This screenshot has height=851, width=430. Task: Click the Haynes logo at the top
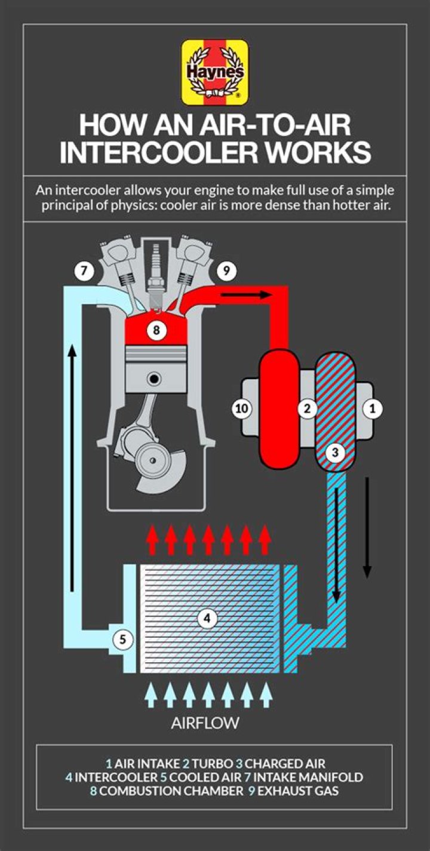[x=215, y=73]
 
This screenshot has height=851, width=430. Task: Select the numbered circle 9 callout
[x=227, y=271]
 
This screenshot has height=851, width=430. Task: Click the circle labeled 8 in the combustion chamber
[x=156, y=330]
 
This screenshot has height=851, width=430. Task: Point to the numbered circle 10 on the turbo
[x=242, y=409]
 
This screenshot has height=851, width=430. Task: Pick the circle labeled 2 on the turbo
[x=307, y=409]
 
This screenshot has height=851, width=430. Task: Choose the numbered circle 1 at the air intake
[x=373, y=409]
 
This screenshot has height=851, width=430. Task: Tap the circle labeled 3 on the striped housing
[x=335, y=453]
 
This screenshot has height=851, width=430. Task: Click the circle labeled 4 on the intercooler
[x=207, y=619]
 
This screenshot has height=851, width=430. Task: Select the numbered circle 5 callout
[x=122, y=640]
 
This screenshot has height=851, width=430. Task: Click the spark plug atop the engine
[x=156, y=275]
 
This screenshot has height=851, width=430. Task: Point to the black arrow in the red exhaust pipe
[x=247, y=294]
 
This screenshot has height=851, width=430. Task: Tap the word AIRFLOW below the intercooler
[x=205, y=723]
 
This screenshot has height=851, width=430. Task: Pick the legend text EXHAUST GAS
[x=298, y=791]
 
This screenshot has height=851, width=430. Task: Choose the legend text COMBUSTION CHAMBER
[x=171, y=791]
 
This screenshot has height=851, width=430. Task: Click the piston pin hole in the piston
[x=155, y=379]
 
